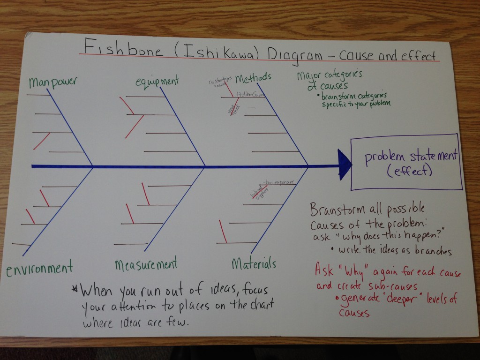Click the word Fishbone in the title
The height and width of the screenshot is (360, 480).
[x=121, y=48]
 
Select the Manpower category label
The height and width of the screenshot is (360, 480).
[x=52, y=83]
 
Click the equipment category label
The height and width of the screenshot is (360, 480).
[x=157, y=81]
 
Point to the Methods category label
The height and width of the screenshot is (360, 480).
[x=253, y=78]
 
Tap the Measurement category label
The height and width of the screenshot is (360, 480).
[x=146, y=264]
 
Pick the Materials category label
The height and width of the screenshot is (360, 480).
[x=254, y=264]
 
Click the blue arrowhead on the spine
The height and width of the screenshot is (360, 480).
[x=345, y=165]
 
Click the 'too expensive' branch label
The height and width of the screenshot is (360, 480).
[x=279, y=182]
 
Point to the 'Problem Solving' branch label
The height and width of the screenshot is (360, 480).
[x=251, y=94]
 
